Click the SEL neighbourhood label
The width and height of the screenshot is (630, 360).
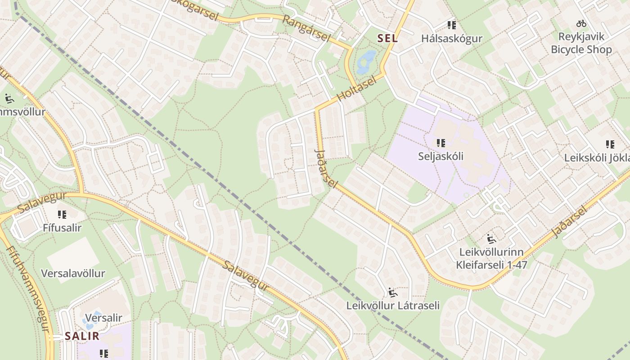[387, 39]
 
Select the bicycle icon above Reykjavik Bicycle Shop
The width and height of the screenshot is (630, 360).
[581, 23]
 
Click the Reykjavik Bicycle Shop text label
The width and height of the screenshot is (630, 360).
[581, 43]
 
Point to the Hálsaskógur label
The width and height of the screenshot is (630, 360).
[452, 39]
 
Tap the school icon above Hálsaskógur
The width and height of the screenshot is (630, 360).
[452, 25]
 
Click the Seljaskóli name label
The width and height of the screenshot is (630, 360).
[441, 156]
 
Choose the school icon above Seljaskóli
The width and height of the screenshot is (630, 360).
[441, 143]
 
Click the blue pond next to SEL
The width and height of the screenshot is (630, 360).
[365, 63]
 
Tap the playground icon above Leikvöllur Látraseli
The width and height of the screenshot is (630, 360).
[392, 292]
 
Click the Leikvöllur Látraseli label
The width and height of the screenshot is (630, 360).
[392, 306]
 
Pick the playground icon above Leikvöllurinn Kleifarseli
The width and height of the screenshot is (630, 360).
[491, 238]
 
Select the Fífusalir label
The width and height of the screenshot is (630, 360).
[62, 228]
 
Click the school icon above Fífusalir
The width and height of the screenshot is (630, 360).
[62, 214]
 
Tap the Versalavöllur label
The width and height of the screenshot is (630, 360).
[73, 274]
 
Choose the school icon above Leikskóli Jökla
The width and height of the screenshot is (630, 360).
[610, 144]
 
